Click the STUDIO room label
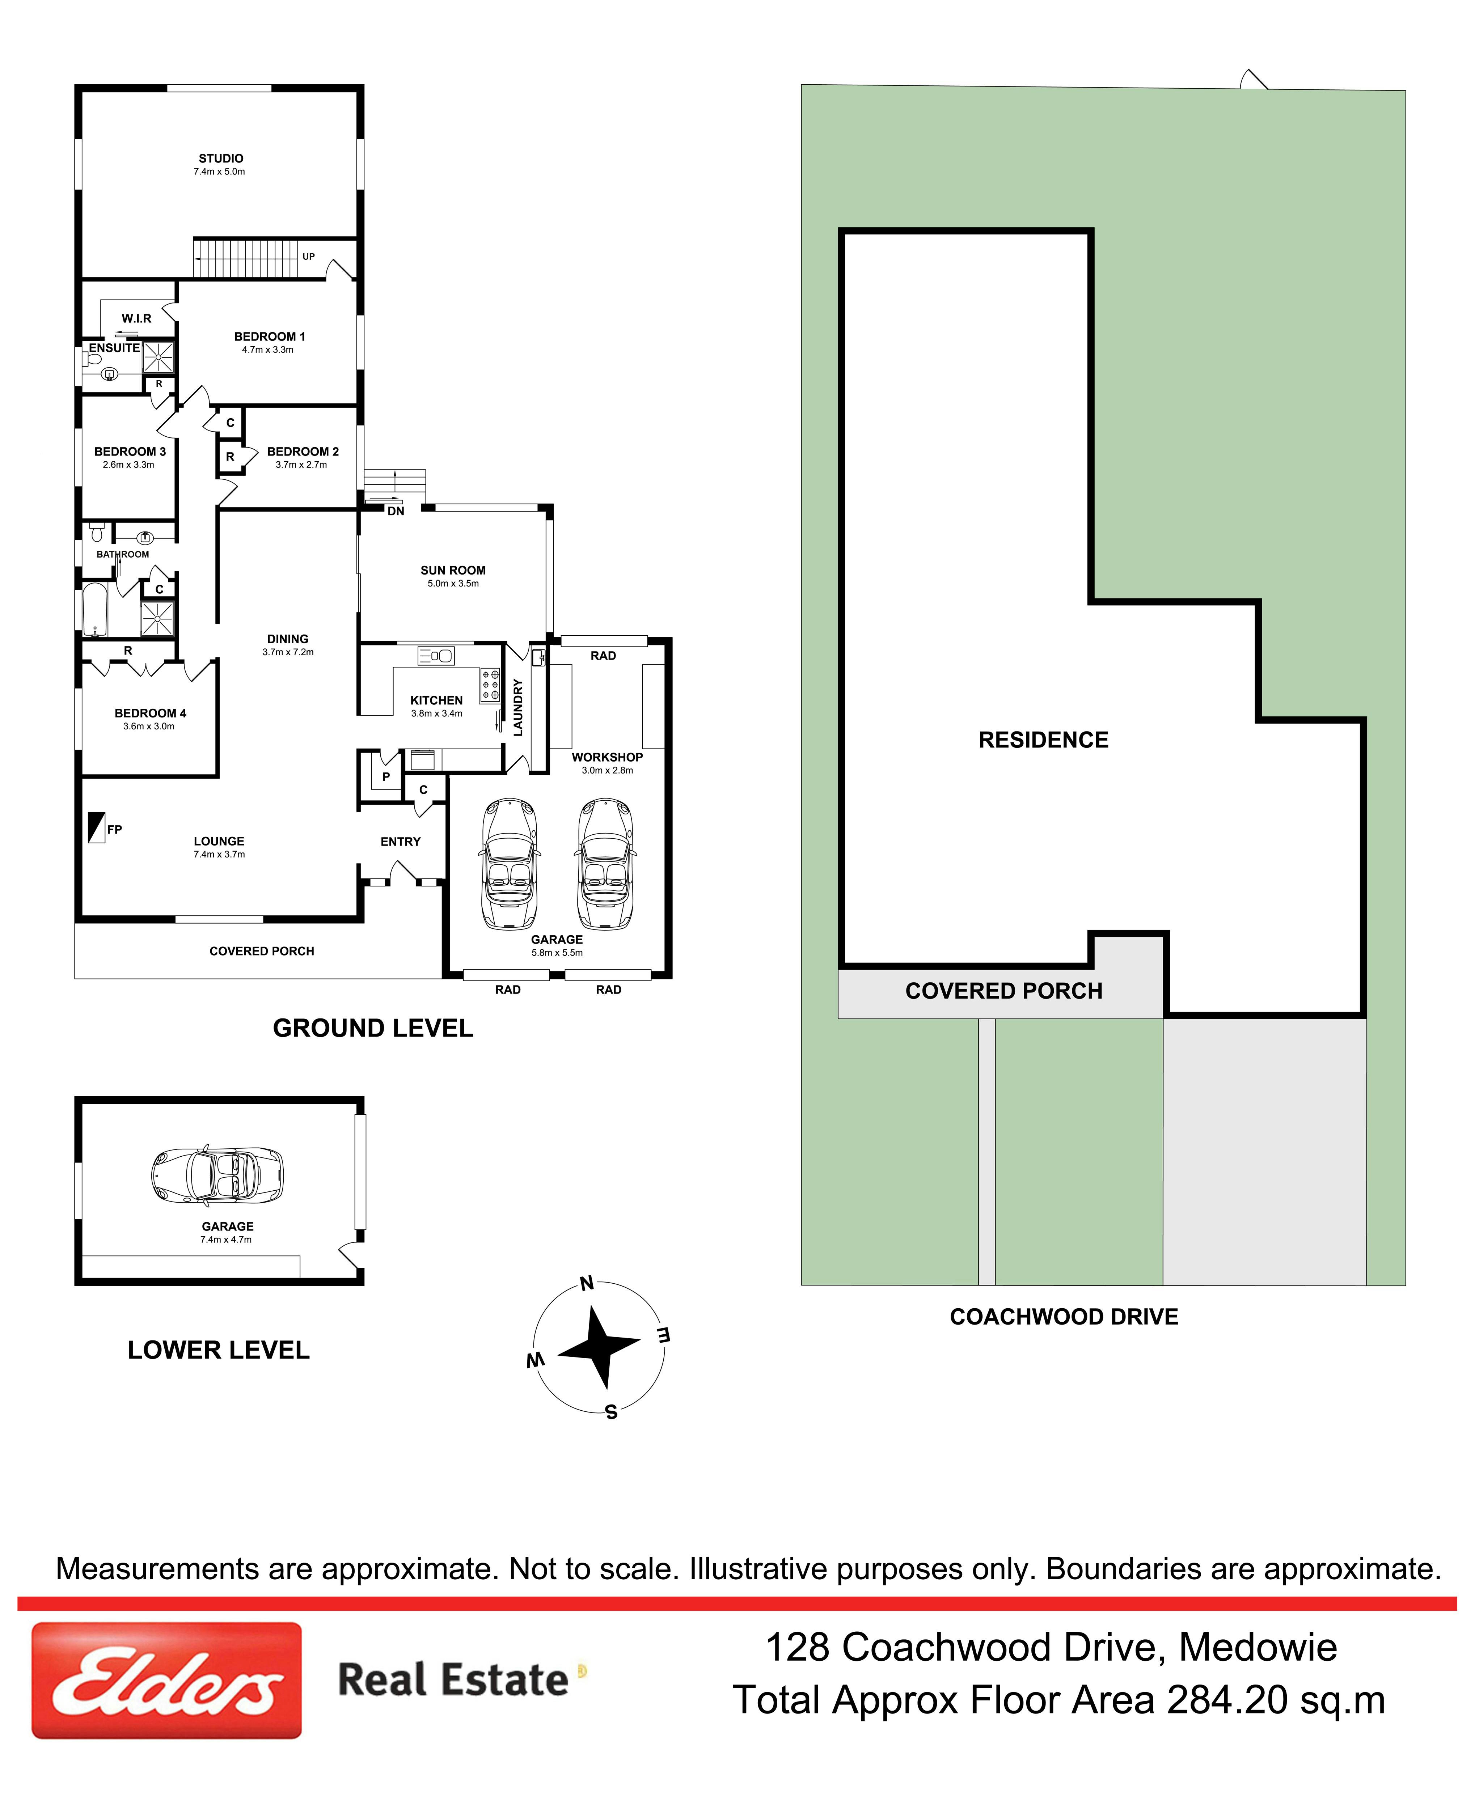[x=221, y=158]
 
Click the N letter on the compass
[x=586, y=1283]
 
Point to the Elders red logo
[x=166, y=1681]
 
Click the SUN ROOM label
[x=453, y=570]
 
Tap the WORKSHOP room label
[x=607, y=757]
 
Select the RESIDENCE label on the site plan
[x=1043, y=740]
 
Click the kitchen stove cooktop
[x=490, y=685]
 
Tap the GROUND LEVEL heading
[x=373, y=1029]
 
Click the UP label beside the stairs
[x=308, y=257]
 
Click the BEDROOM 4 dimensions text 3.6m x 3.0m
[x=149, y=726]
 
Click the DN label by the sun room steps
[x=396, y=511]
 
